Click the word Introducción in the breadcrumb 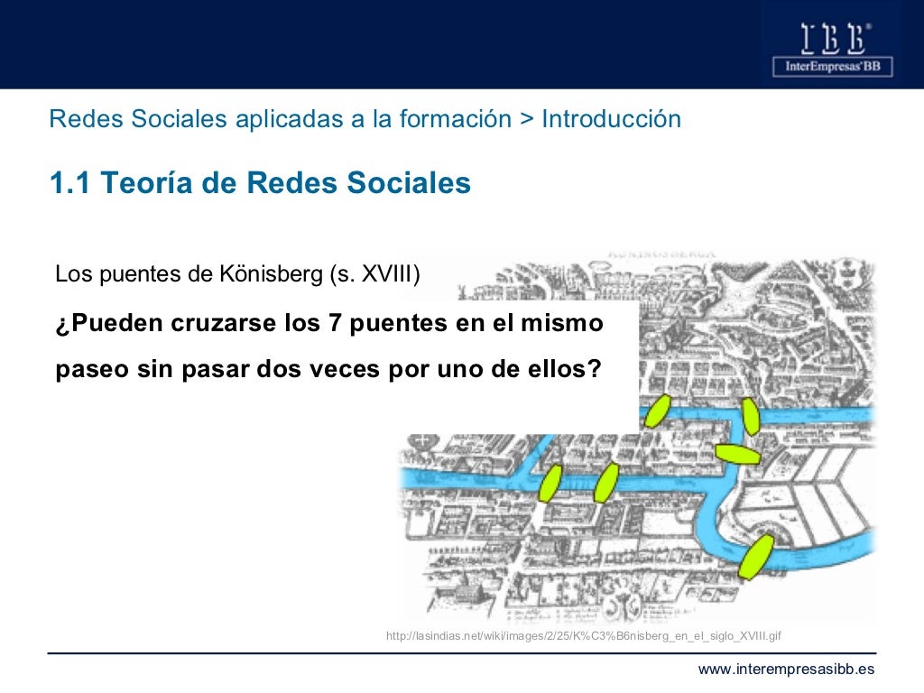[x=612, y=119]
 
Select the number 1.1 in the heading [x=69, y=183]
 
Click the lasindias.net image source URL [x=583, y=636]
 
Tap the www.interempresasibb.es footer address [x=787, y=669]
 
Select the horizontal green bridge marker [x=737, y=453]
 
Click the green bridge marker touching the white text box [x=657, y=411]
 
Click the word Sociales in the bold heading [x=403, y=183]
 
